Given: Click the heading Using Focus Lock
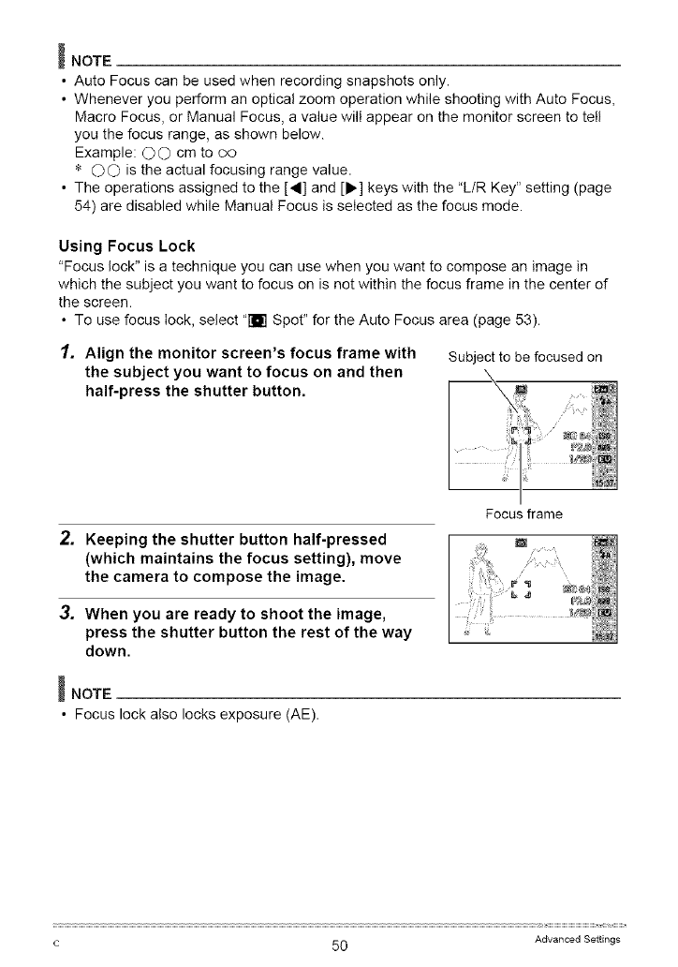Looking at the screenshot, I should pyautogui.click(x=125, y=246).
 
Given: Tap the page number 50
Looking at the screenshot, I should pyautogui.click(x=339, y=945).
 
